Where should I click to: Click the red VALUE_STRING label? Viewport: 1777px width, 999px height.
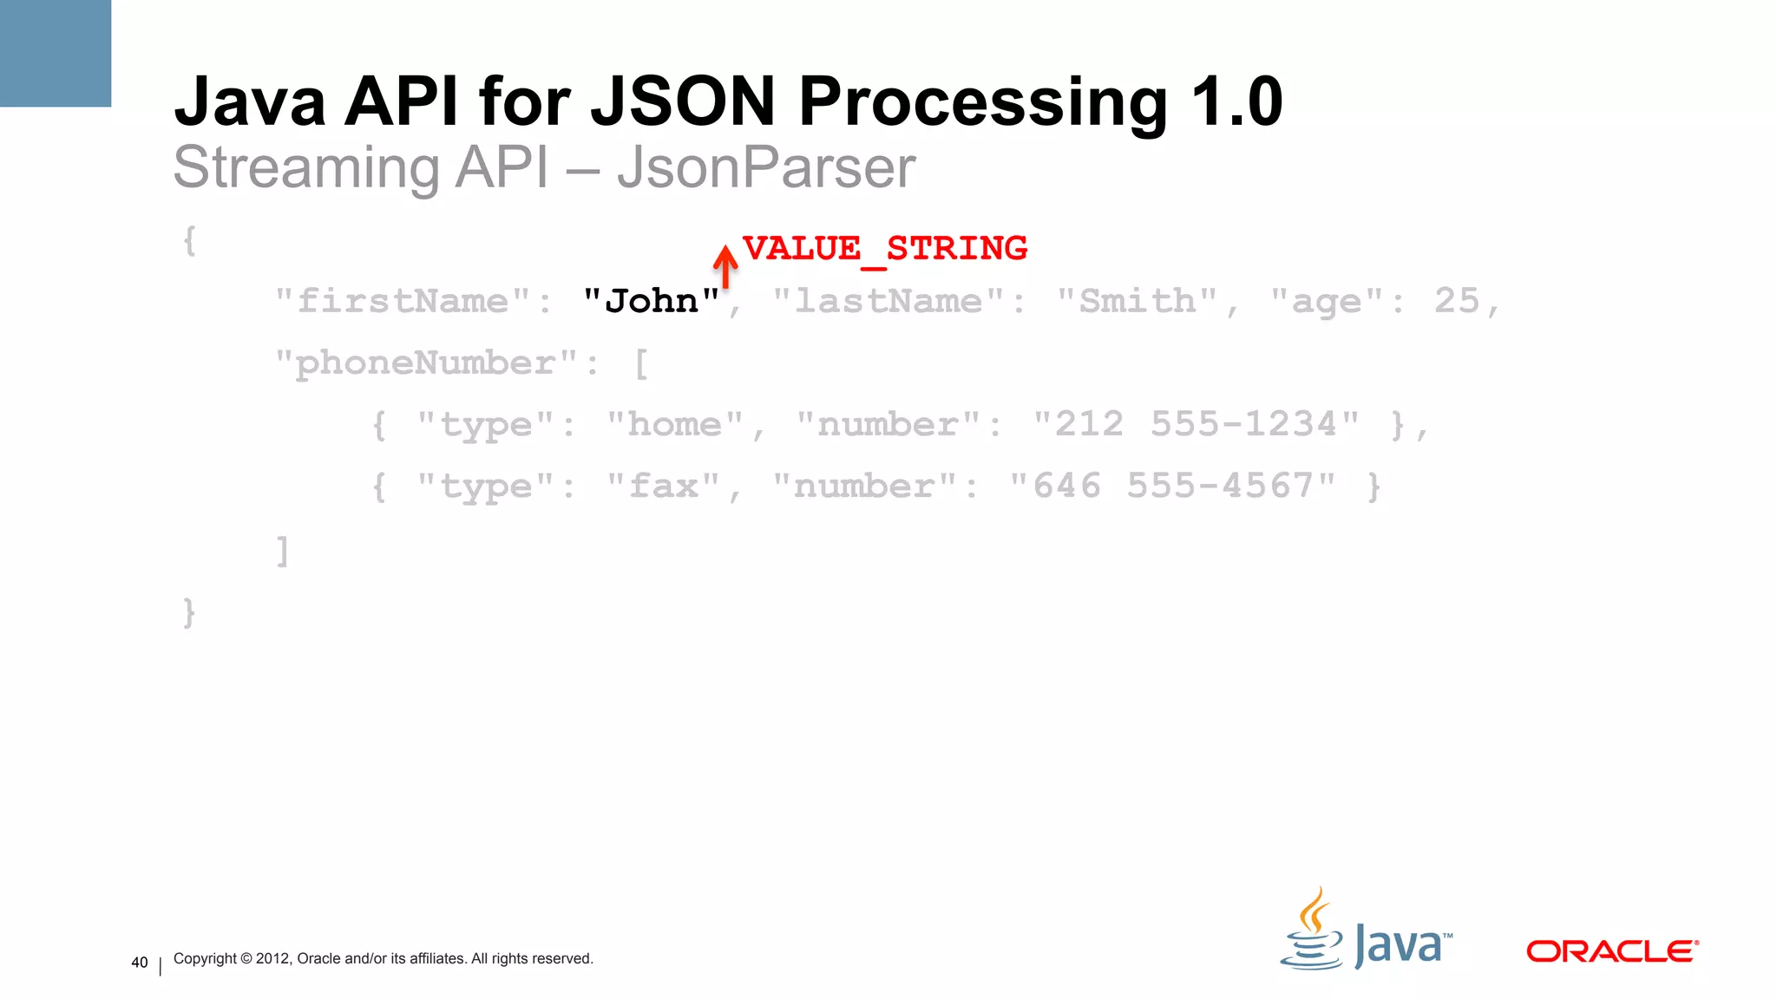click(884, 249)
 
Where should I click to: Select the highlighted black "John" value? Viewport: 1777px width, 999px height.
click(651, 302)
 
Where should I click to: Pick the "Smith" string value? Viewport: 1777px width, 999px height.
click(1137, 302)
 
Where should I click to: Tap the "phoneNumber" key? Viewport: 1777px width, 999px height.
click(425, 363)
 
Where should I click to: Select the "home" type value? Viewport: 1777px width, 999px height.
click(674, 425)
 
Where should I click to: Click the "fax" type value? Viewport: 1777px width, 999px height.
click(663, 486)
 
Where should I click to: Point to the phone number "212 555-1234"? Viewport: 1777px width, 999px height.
click(1196, 425)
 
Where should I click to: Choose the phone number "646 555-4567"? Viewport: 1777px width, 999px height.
click(1172, 486)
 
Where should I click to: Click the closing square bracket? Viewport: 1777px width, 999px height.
click(282, 551)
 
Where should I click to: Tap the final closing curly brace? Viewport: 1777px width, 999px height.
click(189, 612)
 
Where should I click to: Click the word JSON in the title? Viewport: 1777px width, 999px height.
click(682, 102)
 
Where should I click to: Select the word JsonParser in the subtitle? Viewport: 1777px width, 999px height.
click(766, 167)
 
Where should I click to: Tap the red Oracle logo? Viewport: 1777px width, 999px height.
click(1611, 951)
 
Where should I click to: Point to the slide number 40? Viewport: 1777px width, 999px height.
click(139, 963)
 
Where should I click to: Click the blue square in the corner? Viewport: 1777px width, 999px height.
click(56, 53)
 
